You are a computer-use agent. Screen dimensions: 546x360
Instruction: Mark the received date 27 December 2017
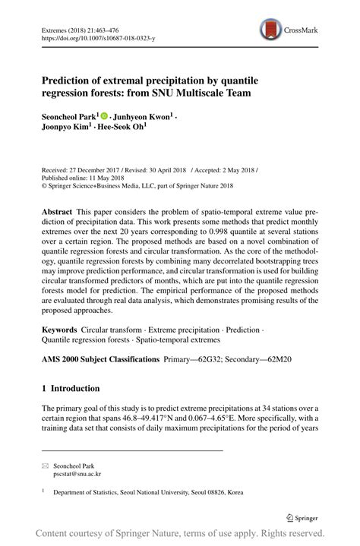pos(98,171)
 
